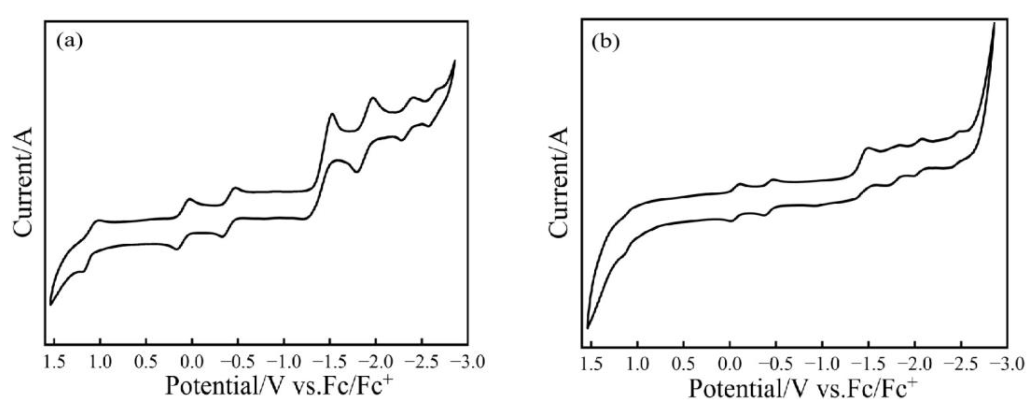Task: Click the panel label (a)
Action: [70, 41]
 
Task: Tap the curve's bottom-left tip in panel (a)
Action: [50, 305]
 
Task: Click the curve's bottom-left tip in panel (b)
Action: [588, 328]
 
